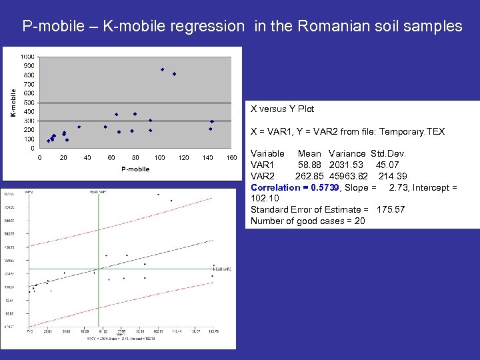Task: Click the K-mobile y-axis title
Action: coord(13,103)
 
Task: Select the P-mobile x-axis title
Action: coord(135,169)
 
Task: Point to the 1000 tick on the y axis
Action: coord(28,57)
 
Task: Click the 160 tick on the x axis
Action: coord(231,158)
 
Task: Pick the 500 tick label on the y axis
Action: coord(30,103)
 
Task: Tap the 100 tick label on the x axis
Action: coord(159,158)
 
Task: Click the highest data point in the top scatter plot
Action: coord(162,69)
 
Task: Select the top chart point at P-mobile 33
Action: coord(79,127)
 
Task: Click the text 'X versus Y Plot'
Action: coord(282,109)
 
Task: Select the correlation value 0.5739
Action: coord(321,187)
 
